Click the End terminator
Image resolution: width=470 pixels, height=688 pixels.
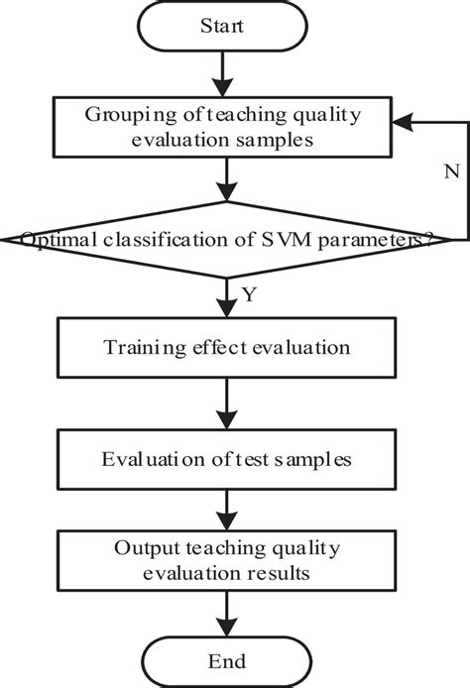(228, 659)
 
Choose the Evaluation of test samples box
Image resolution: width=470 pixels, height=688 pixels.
(228, 459)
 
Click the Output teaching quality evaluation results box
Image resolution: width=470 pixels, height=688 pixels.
(228, 561)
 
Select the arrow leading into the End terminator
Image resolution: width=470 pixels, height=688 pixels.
(229, 611)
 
